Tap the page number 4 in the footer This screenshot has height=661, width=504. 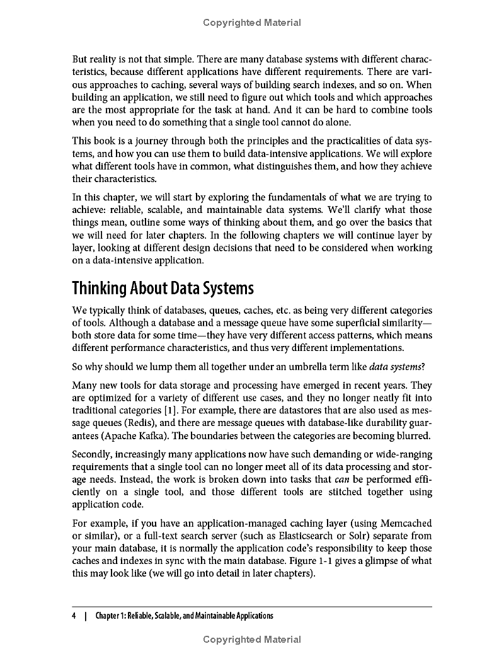[x=74, y=616]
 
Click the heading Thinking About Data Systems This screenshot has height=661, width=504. [x=163, y=289]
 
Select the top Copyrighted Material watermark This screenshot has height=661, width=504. [x=252, y=23]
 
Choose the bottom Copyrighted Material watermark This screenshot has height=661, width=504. [x=252, y=639]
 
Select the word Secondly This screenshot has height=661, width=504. [x=95, y=454]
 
